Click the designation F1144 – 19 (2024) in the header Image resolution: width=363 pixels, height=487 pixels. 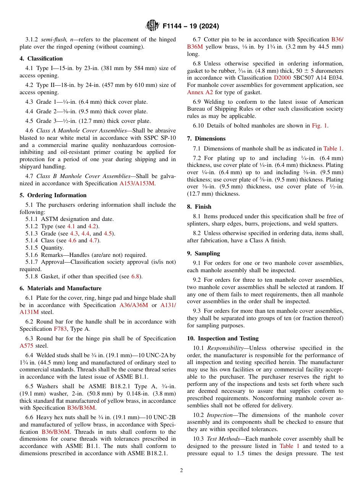coord(191,26)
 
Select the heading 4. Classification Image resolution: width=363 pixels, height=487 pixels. coord(41,59)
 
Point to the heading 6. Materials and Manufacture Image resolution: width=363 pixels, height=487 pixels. coord(60,288)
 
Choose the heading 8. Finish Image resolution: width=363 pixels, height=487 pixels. coord(199,207)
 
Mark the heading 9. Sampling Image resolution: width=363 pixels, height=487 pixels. coord(203,253)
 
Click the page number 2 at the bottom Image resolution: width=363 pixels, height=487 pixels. coord(181,471)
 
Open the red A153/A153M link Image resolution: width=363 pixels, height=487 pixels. coord(137,183)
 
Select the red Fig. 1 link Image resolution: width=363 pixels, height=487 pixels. coord(320,126)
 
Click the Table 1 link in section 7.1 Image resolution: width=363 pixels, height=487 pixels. coord(332,149)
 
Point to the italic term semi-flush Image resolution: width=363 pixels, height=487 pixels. coord(54,39)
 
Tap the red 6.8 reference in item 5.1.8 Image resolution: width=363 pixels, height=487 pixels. coord(135,276)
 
